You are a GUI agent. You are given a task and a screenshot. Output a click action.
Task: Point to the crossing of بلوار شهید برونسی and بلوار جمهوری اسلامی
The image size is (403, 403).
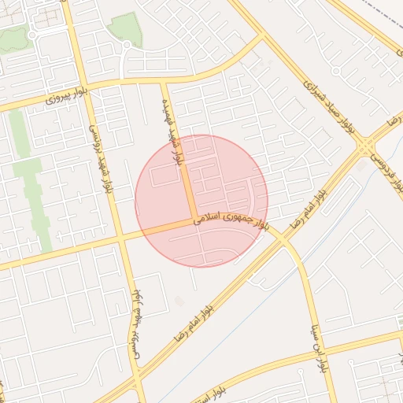120,237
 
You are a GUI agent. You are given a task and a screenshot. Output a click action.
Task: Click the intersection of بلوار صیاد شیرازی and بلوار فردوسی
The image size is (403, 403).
364,145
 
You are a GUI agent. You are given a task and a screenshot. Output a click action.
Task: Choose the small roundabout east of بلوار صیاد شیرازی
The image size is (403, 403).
336,71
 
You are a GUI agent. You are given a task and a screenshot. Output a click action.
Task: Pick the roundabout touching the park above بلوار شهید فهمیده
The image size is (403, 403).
125,45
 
